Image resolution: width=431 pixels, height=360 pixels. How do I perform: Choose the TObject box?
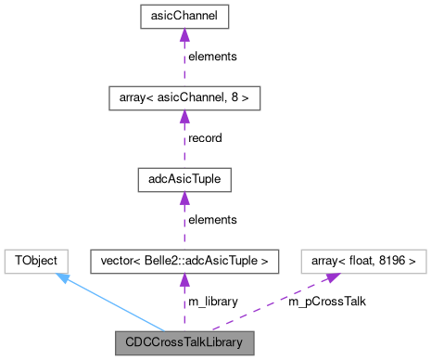(33, 261)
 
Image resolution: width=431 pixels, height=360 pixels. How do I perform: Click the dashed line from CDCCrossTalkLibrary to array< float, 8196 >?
(269, 302)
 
